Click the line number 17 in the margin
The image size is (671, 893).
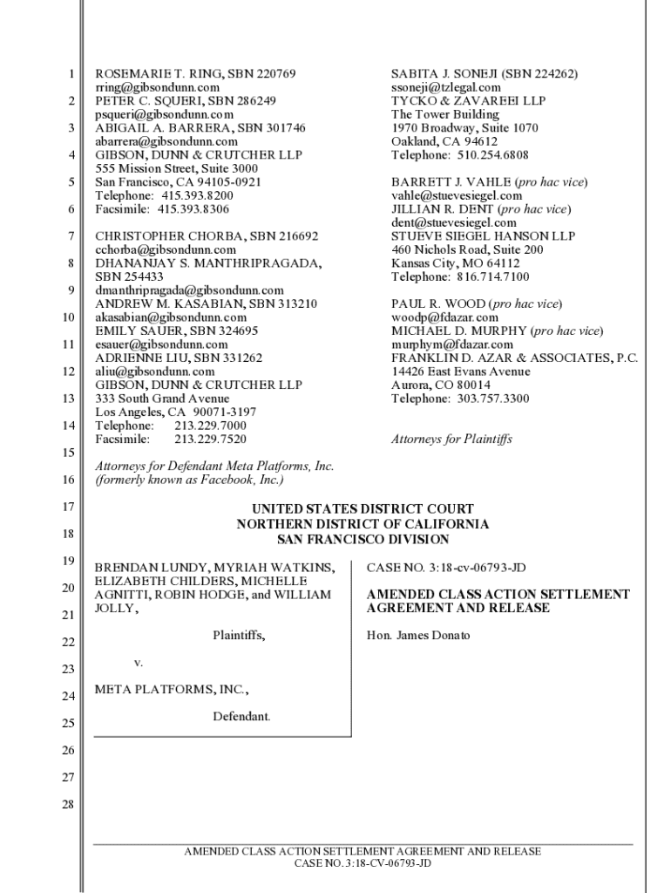67,507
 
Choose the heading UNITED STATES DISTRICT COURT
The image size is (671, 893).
363,509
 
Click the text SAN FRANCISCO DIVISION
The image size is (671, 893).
363,539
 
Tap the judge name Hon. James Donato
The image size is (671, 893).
418,635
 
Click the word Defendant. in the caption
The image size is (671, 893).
241,716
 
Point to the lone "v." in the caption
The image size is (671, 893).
138,663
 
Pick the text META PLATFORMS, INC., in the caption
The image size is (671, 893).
171,690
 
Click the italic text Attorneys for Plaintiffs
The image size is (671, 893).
451,439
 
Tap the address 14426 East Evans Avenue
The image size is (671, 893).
460,371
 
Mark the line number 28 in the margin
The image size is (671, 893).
67,804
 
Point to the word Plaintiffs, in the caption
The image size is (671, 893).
239,635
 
